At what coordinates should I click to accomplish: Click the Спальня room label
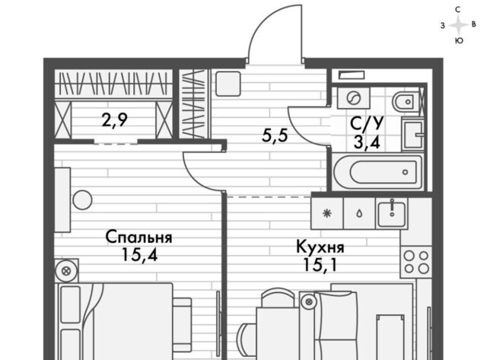coord(138,237)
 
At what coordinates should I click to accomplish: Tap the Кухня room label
coord(320,247)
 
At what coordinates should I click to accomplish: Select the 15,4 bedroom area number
coord(139,255)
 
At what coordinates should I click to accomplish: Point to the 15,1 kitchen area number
coord(320,265)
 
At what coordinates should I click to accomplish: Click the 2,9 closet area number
coord(114,120)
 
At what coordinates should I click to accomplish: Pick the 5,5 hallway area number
coord(275,135)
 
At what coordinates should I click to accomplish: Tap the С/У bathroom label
coord(367,123)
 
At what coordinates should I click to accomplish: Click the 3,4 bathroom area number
coord(367,143)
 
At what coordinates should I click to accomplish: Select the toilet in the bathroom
coord(403,101)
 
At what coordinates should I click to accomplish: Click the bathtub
coord(377,172)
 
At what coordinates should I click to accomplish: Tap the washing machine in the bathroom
coord(354,98)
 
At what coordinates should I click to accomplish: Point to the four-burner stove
coord(416,262)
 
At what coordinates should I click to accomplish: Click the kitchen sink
coord(391,213)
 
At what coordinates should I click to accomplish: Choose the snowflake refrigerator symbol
coord(326,213)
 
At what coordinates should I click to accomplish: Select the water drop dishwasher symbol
coord(359,214)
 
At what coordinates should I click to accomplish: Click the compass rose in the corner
coord(458,25)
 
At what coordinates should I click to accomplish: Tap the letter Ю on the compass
coord(459,40)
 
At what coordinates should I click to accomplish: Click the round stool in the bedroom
coord(82,200)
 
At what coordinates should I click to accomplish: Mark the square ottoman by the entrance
coord(228,84)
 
